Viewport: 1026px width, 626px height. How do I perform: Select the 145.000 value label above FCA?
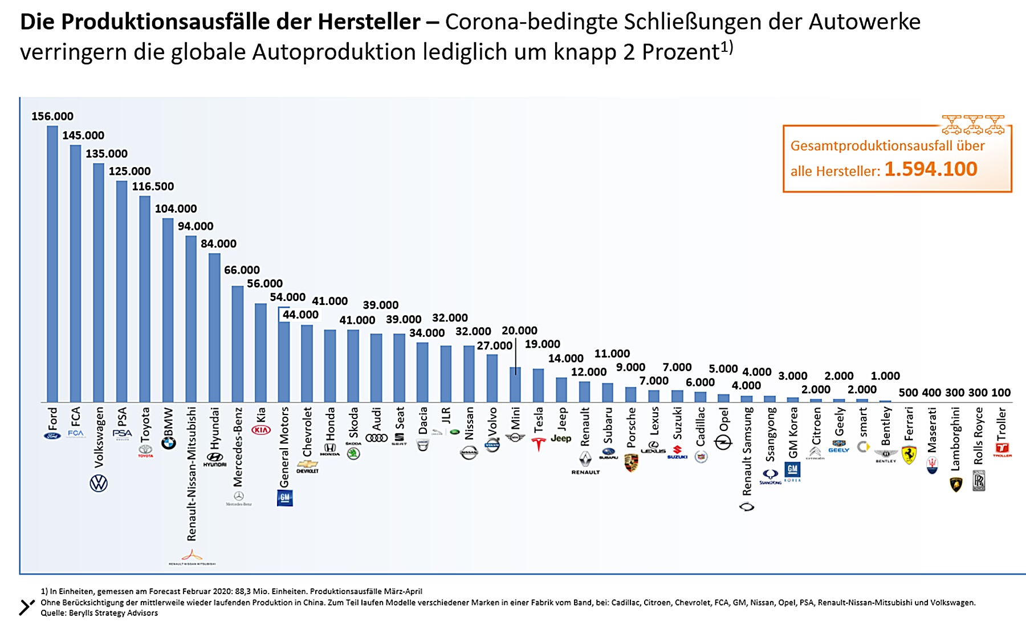coord(83,136)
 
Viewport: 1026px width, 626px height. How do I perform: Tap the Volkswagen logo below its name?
coord(99,483)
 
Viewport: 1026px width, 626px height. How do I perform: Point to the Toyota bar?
coord(145,299)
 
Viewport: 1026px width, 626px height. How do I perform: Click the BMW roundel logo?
coord(168,442)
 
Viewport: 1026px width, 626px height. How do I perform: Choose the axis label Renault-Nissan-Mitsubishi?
coord(192,473)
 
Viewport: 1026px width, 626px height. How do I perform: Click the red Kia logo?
coord(261,430)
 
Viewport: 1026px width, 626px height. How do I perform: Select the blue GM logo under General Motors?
coord(284,498)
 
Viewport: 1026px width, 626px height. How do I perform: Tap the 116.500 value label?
coord(153,186)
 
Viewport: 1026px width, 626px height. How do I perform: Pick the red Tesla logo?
coord(538,444)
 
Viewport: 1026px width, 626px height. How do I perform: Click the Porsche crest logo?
coord(631,462)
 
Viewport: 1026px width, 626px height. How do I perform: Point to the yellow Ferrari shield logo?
coord(909,455)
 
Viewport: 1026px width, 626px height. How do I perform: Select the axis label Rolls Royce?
coord(979,435)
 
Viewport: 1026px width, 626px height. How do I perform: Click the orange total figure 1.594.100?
coord(931,169)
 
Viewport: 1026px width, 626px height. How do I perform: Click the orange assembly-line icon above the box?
coord(973,124)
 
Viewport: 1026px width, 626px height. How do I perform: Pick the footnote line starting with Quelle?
coord(99,613)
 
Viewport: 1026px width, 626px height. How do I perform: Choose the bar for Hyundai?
coord(214,328)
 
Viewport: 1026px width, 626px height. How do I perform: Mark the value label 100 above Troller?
coord(1001,393)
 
